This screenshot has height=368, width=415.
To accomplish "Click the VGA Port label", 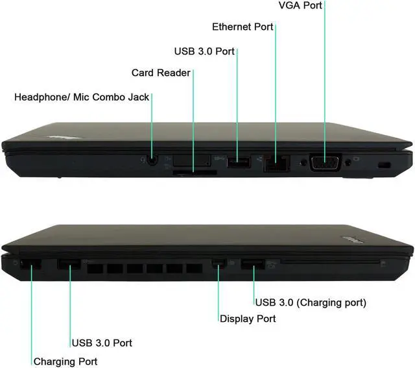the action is click(x=300, y=6).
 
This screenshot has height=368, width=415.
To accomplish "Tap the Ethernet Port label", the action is click(x=243, y=27).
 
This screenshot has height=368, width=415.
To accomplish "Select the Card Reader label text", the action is click(x=161, y=73).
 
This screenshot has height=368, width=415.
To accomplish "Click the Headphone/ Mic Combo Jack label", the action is click(x=82, y=97).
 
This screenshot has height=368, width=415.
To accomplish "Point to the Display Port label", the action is click(x=248, y=319).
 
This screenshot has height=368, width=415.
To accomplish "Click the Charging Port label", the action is click(x=65, y=362).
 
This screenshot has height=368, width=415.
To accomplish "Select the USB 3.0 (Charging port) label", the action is click(x=311, y=302).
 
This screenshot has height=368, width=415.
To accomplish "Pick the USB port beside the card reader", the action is click(x=238, y=162).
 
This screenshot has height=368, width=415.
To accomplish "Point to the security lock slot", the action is click(x=382, y=166).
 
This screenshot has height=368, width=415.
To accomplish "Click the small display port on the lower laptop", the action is click(x=219, y=263).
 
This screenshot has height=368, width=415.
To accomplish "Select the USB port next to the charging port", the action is click(x=69, y=264).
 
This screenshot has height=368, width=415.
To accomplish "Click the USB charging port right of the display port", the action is click(x=254, y=264).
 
